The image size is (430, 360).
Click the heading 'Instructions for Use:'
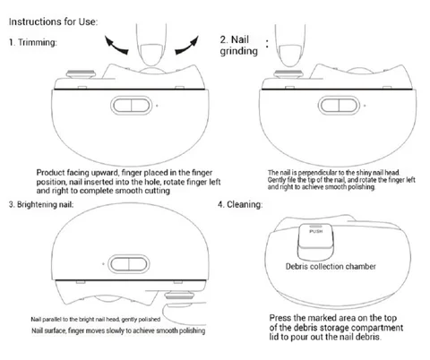coord(53,21)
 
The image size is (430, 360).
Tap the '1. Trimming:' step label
coord(33,42)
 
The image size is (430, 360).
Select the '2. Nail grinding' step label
coord(238,45)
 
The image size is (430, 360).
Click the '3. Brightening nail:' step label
coord(41,204)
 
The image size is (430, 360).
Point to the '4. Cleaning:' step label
coord(240,204)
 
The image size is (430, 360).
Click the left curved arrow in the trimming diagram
coord(116,46)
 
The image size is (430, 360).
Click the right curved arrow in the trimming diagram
coord(187,46)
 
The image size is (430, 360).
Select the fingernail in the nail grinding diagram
coord(288,56)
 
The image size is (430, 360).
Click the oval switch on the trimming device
coord(131,106)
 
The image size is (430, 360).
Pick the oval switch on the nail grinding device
coord(339,106)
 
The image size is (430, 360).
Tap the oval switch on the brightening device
coord(129,264)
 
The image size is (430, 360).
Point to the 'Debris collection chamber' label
coord(331,266)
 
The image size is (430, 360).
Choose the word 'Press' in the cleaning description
coord(280,318)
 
